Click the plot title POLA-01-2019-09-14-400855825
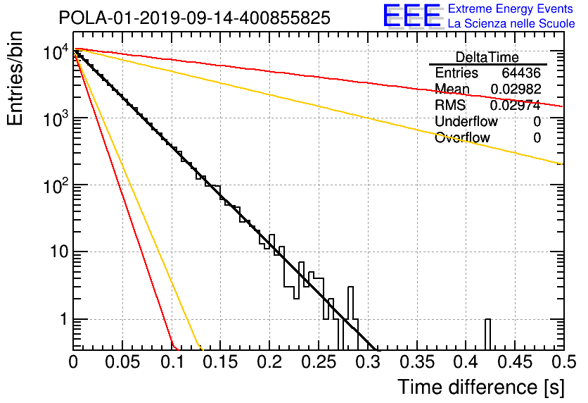[195, 18]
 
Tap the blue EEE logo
[412, 15]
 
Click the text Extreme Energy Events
[511, 8]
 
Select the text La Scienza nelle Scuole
[511, 24]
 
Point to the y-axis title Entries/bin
[15, 78]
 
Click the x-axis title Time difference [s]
[481, 387]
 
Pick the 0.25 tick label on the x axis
[319, 362]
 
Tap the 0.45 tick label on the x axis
[515, 362]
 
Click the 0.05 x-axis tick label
[122, 362]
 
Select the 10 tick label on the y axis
[59, 252]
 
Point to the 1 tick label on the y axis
[64, 319]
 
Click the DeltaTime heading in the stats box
[487, 58]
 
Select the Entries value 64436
[521, 73]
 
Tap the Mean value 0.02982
[516, 89]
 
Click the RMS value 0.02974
[516, 105]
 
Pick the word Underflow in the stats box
[466, 121]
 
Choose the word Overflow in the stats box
[462, 137]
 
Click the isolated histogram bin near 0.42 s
[487, 334]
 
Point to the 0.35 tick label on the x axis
[416, 362]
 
